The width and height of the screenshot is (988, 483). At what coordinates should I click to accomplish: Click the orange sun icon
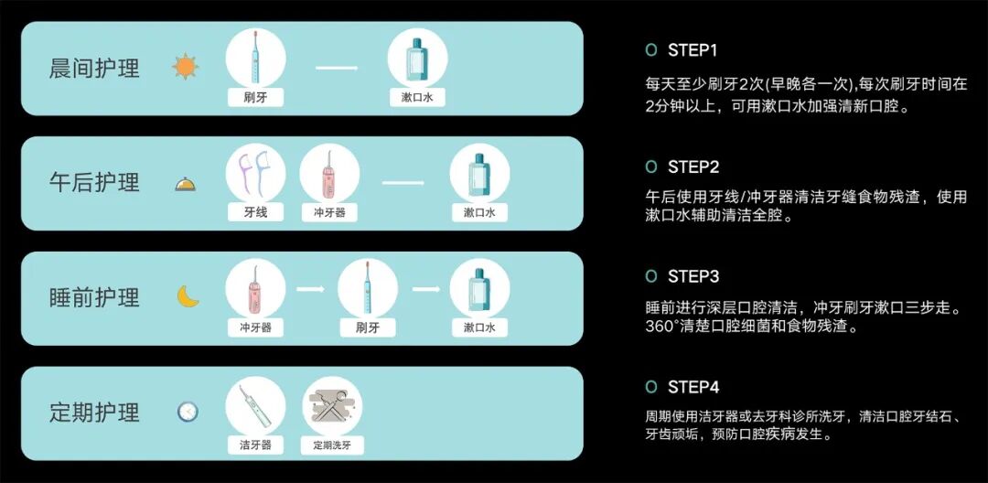[185, 67]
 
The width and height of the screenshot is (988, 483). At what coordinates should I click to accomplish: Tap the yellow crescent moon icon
[188, 296]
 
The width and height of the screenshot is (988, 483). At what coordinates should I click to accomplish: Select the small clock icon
[188, 412]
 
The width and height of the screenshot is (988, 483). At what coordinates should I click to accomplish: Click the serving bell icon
[185, 185]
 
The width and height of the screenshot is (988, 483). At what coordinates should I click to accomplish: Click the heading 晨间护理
[94, 68]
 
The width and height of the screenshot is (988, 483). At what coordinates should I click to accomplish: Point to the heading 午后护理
[94, 183]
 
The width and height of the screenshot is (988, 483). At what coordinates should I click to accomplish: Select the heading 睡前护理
[94, 297]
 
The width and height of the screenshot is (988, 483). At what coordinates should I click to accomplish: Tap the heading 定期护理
[94, 413]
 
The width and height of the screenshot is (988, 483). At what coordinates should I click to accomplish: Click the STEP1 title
[693, 49]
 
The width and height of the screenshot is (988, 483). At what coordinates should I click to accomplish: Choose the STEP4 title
[693, 387]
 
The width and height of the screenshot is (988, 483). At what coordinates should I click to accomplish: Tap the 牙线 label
[256, 212]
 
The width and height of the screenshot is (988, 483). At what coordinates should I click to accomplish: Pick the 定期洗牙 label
[332, 445]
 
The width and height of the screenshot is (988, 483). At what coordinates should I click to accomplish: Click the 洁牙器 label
[256, 445]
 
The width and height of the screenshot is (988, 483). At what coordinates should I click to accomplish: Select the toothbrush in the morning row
[256, 58]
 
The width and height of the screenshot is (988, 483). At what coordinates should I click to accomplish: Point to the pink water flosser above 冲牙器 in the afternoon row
[328, 174]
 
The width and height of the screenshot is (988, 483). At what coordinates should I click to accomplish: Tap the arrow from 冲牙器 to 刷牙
[311, 289]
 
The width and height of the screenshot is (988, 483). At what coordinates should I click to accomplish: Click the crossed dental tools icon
[332, 405]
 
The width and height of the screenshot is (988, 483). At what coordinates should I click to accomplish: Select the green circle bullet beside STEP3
[651, 276]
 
